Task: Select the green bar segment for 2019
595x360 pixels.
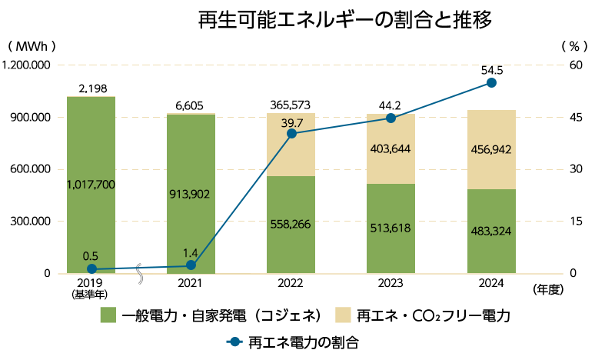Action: (91, 185)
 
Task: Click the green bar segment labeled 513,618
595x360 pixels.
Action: (391, 228)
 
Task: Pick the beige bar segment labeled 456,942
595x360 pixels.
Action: (491, 149)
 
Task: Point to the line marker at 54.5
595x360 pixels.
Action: (492, 82)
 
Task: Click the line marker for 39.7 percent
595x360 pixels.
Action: (291, 134)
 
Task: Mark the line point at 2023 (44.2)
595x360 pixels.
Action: (391, 118)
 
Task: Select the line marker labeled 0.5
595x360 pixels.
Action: (91, 269)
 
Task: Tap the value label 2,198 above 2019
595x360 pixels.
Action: (92, 89)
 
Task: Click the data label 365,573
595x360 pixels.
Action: (291, 105)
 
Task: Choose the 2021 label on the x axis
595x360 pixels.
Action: (191, 284)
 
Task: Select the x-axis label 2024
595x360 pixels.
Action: (491, 284)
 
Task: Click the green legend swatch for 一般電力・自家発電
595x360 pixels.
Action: (108, 315)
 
